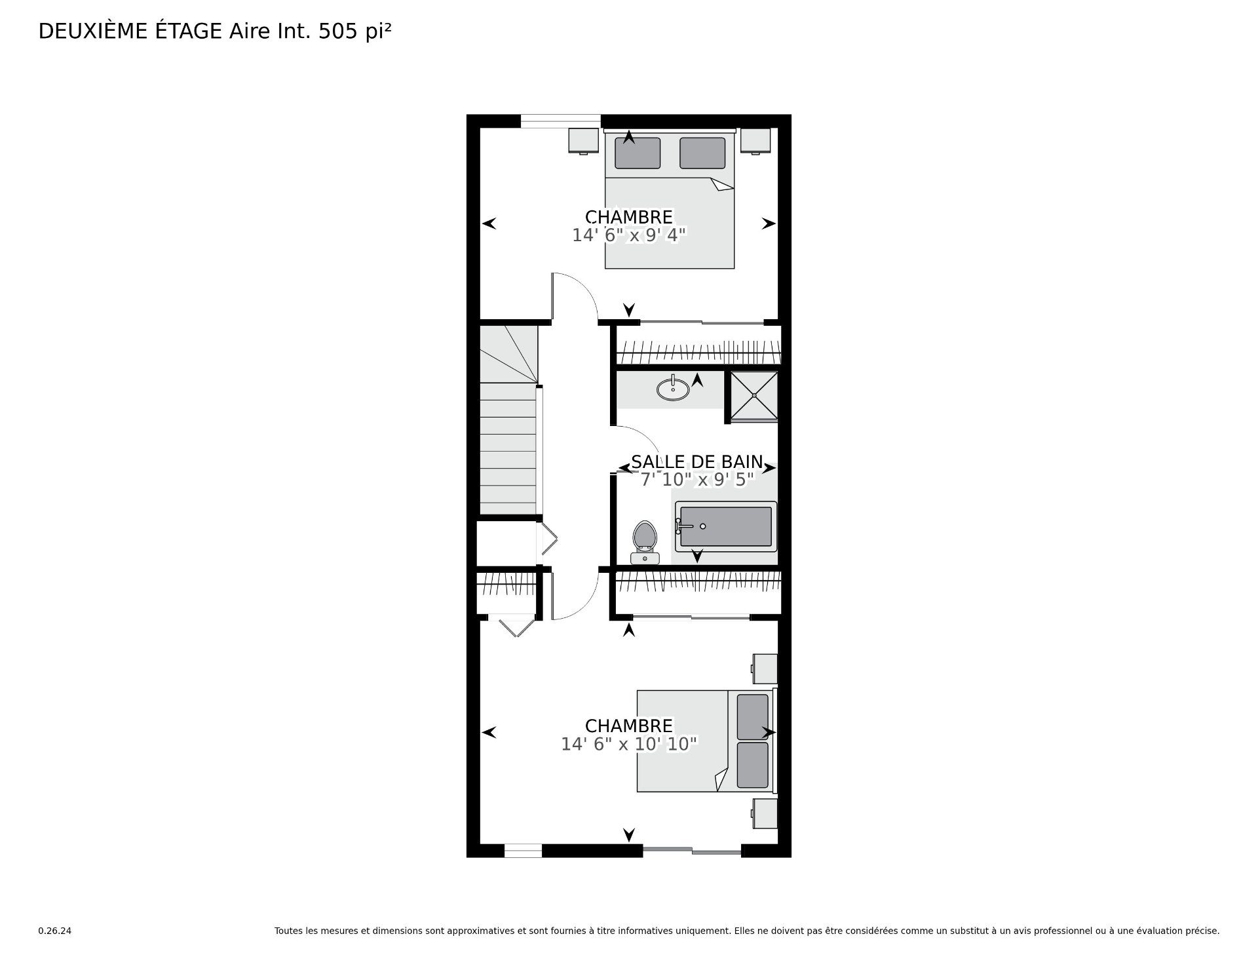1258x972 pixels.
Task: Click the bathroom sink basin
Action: pyautogui.click(x=673, y=389)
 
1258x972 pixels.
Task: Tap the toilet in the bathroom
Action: pyautogui.click(x=645, y=542)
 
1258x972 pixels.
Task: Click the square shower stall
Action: pyautogui.click(x=754, y=395)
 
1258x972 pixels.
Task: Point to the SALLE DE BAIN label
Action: pyautogui.click(x=697, y=461)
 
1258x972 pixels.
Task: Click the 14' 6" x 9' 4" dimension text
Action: pyautogui.click(x=629, y=235)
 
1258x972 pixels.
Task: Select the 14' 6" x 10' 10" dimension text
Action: pyautogui.click(x=629, y=744)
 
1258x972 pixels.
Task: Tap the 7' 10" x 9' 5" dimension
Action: pyautogui.click(x=697, y=480)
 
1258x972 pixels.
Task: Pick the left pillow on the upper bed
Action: pyautogui.click(x=638, y=153)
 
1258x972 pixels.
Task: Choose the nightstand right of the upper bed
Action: pyautogui.click(x=755, y=140)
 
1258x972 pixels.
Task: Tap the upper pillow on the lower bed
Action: pyautogui.click(x=753, y=717)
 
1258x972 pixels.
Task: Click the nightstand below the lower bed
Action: pyautogui.click(x=765, y=813)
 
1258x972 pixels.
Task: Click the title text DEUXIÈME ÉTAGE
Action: pyautogui.click(x=130, y=31)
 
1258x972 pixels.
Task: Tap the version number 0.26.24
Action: pyautogui.click(x=54, y=931)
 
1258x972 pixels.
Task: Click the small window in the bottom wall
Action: pyautogui.click(x=523, y=851)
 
